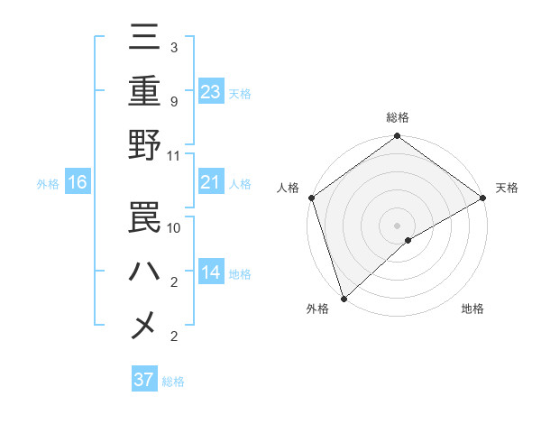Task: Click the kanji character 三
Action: click(x=145, y=38)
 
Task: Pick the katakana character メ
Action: click(x=145, y=326)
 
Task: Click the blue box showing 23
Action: click(x=210, y=91)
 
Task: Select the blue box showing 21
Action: click(x=210, y=183)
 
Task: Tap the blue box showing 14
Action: click(x=210, y=272)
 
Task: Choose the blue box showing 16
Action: click(x=77, y=183)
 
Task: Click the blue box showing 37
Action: click(x=144, y=380)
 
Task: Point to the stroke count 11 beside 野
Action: click(x=174, y=155)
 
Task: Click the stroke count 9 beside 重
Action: click(x=174, y=101)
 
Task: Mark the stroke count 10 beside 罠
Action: click(x=174, y=227)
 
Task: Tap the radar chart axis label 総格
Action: click(x=397, y=117)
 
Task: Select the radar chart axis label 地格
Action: click(x=472, y=309)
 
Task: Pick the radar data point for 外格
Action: click(x=344, y=298)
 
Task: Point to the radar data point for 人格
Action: click(x=311, y=198)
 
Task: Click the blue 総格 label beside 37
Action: click(x=173, y=382)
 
